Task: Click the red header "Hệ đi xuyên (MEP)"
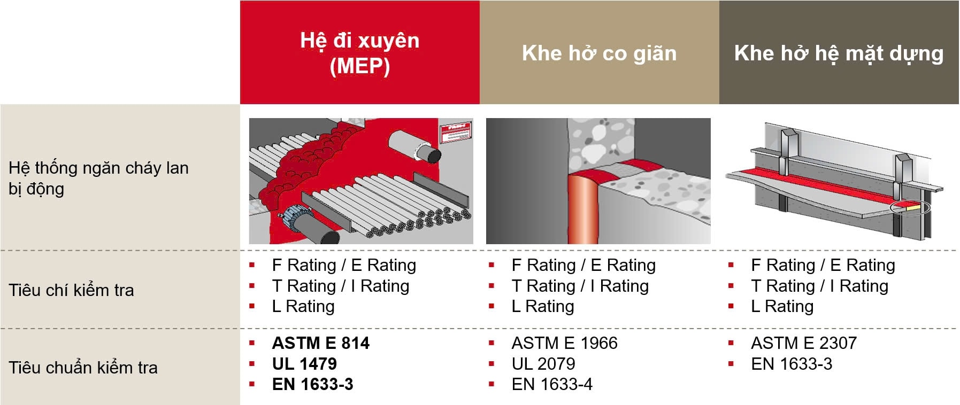click(360, 53)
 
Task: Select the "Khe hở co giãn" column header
click(599, 53)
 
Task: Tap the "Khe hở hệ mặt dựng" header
click(839, 54)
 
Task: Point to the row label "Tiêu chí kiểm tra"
click(71, 290)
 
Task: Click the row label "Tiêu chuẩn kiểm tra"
click(83, 368)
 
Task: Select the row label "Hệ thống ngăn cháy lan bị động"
click(98, 178)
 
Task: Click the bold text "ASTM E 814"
click(320, 343)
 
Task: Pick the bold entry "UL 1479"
click(304, 364)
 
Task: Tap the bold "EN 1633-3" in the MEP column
click(312, 384)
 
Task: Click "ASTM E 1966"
click(564, 343)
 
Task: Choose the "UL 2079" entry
click(543, 364)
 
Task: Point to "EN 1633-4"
click(552, 384)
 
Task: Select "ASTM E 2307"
click(804, 343)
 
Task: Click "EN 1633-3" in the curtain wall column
click(792, 364)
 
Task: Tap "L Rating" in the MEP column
click(303, 306)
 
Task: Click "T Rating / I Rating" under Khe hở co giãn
click(580, 286)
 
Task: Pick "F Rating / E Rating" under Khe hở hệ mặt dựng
click(823, 265)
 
